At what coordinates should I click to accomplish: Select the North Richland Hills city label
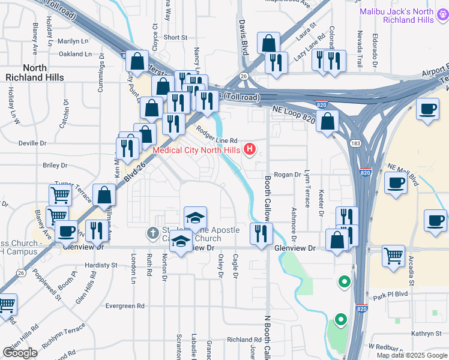35,73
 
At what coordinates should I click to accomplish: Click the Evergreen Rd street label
125,305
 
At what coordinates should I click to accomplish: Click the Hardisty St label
101,265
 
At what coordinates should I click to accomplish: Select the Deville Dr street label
32,143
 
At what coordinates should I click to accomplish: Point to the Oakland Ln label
75,54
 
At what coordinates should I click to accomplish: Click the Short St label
175,37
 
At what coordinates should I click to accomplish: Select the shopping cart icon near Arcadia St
394,254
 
